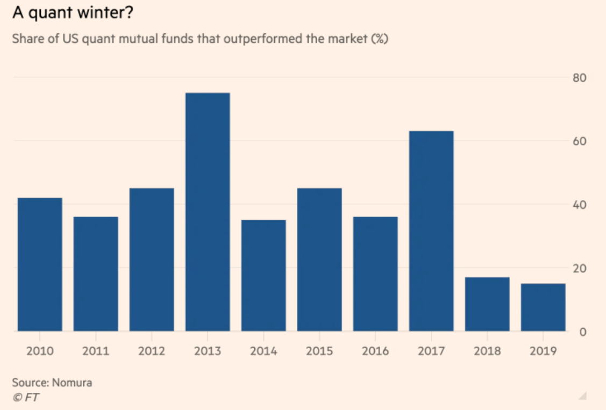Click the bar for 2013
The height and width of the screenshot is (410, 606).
click(x=208, y=212)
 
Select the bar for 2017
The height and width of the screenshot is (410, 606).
click(x=431, y=231)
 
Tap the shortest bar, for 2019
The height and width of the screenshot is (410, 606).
click(x=543, y=307)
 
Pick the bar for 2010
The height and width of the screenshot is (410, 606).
click(x=40, y=264)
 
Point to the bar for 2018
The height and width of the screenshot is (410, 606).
click(x=487, y=304)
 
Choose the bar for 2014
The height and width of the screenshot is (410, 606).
click(x=263, y=275)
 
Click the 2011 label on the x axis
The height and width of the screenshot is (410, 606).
click(x=96, y=351)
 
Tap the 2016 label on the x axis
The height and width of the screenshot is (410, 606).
click(x=375, y=351)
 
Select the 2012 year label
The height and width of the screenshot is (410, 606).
click(x=152, y=351)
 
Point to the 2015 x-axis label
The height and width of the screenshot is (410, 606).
click(x=319, y=351)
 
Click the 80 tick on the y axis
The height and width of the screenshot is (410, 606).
click(x=579, y=78)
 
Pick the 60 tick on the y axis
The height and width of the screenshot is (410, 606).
click(x=579, y=141)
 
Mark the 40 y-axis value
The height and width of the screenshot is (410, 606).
click(x=579, y=205)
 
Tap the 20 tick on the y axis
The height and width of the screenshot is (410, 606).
click(x=579, y=268)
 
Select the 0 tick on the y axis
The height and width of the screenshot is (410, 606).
click(x=581, y=332)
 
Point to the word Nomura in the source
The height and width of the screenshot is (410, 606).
click(x=72, y=383)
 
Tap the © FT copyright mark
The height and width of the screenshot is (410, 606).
click(x=25, y=398)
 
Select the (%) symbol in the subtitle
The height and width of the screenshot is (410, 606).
click(x=379, y=39)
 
